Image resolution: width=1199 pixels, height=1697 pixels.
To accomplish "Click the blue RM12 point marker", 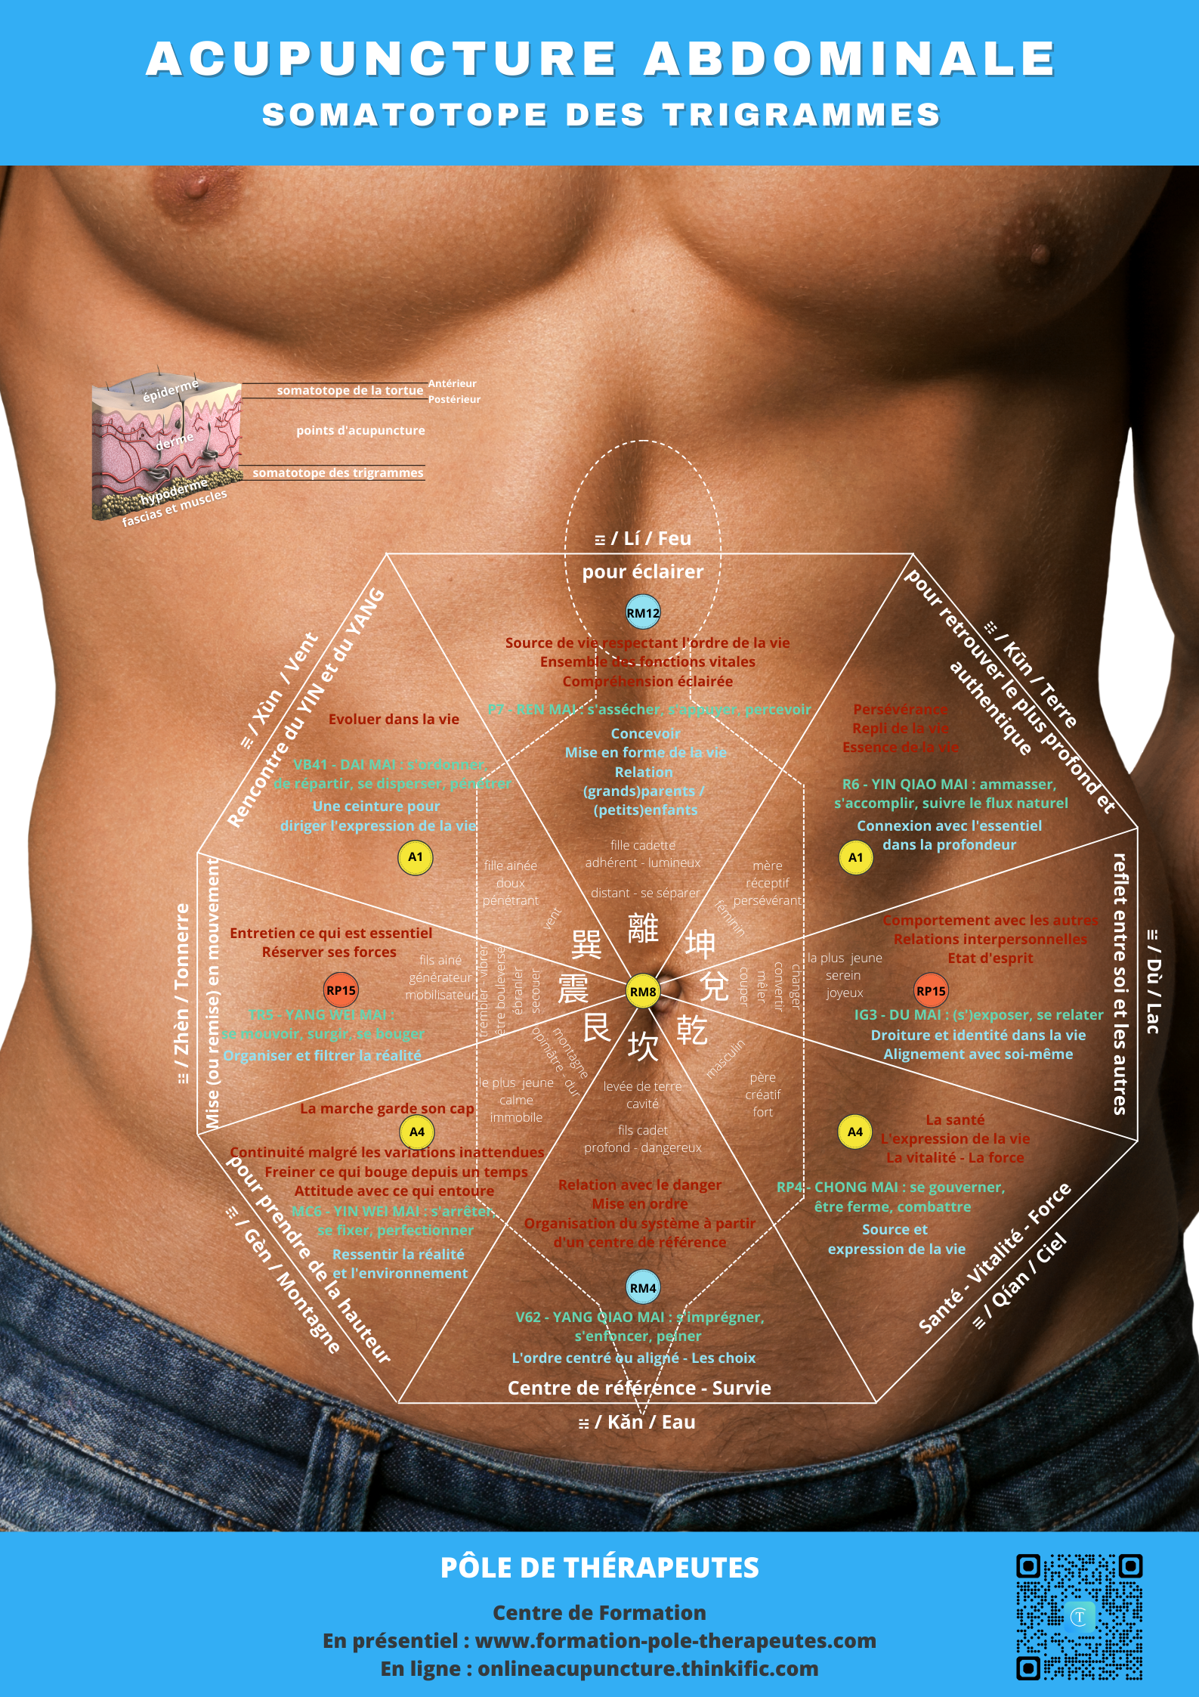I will coord(643,613).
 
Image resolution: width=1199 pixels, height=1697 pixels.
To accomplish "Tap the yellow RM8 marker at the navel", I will coord(643,992).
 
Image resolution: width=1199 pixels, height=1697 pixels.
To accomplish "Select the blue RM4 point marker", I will coord(643,1288).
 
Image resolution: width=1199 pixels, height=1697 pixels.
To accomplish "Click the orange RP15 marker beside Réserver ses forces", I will coord(341,990).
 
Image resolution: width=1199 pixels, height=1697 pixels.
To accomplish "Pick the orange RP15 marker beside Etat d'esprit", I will coord(931,991).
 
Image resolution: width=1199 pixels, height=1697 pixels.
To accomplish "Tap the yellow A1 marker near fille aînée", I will coord(416,857).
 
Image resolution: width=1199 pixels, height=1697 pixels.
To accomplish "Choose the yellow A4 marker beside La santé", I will coord(854,1132).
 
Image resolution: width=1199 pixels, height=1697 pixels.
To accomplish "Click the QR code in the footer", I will coord(1079,1617).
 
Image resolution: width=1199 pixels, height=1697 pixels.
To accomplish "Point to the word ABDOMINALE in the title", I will coord(850,59).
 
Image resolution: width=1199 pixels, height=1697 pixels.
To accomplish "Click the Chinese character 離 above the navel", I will coord(643,928).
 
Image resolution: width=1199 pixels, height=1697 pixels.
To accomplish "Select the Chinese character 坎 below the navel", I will coord(643,1046).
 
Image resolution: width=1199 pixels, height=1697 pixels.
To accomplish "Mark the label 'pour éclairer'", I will coord(642,572).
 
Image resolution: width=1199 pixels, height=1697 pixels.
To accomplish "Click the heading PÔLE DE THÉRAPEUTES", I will coord(599,1568).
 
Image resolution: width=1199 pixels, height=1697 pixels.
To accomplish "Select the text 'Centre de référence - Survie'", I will coord(639,1388).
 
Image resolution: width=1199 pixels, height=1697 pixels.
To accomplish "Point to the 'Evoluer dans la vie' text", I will coord(394,719).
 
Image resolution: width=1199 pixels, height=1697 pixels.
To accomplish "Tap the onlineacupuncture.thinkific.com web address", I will coord(647,1668).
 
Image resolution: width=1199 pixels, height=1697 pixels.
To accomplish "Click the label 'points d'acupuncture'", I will coord(360,430).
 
